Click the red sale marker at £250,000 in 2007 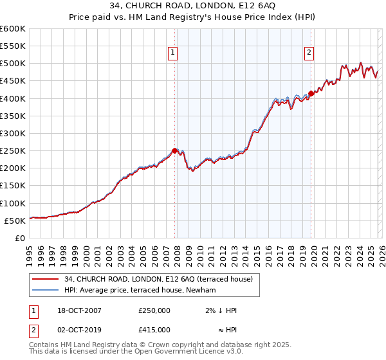(174, 150)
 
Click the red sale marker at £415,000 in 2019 (311, 93)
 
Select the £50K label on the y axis (15, 221)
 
